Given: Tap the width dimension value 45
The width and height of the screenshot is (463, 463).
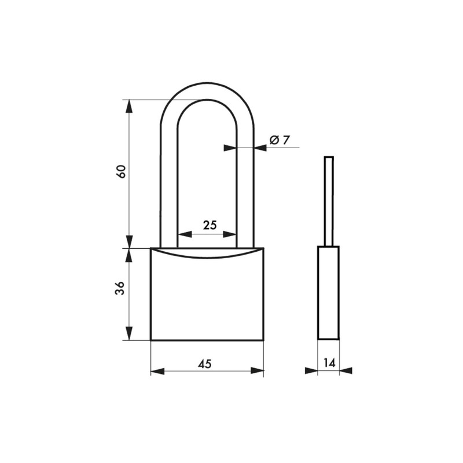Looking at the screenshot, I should [x=205, y=363].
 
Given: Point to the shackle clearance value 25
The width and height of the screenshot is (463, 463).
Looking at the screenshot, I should [x=210, y=225].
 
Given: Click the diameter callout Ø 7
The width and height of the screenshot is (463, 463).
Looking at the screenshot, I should [x=280, y=139].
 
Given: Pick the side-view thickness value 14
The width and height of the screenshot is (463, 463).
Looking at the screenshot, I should [x=329, y=363].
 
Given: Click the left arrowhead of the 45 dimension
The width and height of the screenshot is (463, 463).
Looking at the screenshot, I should [x=157, y=371].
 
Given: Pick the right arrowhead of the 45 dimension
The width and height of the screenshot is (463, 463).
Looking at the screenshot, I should [x=257, y=371].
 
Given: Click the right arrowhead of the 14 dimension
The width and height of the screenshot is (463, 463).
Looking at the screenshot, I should [x=346, y=371].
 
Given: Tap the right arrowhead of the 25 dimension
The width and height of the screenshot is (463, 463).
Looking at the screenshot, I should [x=231, y=234].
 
